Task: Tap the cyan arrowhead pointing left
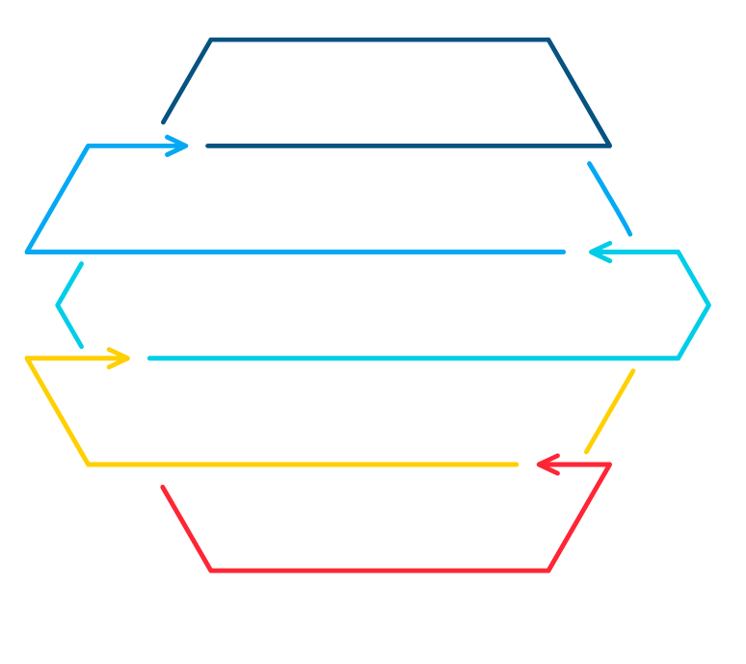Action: pyautogui.click(x=598, y=252)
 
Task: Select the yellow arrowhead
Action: pyautogui.click(x=122, y=359)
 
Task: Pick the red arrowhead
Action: pyautogui.click(x=545, y=465)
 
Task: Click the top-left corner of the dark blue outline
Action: pyautogui.click(x=211, y=40)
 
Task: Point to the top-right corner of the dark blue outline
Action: pyautogui.click(x=548, y=40)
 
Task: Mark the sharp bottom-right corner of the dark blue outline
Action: pyautogui.click(x=609, y=146)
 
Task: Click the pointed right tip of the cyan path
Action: pyautogui.click(x=709, y=305)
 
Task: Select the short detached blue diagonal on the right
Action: pyautogui.click(x=610, y=199)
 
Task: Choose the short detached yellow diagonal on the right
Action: pyautogui.click(x=610, y=411)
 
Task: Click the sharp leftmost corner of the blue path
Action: pyautogui.click(x=27, y=252)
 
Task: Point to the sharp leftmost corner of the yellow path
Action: pyautogui.click(x=27, y=359)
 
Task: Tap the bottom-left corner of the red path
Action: pyautogui.click(x=211, y=571)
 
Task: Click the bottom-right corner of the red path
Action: pyautogui.click(x=548, y=571)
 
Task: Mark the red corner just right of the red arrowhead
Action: pyautogui.click(x=609, y=465)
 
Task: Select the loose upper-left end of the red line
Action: pyautogui.click(x=163, y=488)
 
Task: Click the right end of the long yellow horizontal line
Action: pyautogui.click(x=518, y=465)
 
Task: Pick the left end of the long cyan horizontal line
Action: pyautogui.click(x=148, y=359)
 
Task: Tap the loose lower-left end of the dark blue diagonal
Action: pyautogui.click(x=163, y=123)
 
